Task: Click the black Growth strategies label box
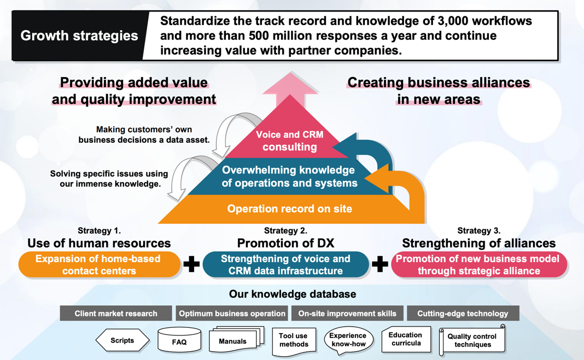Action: [79, 36]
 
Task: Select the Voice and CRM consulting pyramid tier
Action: [289, 141]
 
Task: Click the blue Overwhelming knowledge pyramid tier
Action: [289, 177]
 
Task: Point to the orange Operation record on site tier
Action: [289, 209]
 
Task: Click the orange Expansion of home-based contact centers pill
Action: [99, 265]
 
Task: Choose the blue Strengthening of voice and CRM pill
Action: [285, 265]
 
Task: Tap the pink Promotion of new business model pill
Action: [478, 265]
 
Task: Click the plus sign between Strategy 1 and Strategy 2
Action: [191, 265]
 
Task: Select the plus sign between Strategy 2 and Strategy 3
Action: [380, 265]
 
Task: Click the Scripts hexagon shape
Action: [122, 340]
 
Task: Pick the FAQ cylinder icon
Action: [179, 340]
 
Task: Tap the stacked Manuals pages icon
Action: [235, 340]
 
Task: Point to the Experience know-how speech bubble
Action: [348, 340]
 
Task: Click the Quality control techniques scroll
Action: [472, 341]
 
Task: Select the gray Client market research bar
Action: [116, 313]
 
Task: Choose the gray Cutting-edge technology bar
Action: [463, 313]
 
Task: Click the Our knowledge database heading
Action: [292, 294]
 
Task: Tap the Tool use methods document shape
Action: [294, 340]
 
